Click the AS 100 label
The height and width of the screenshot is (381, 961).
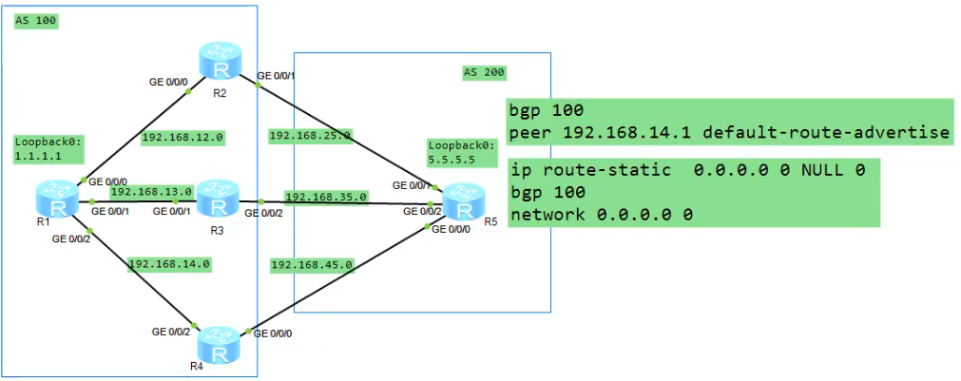pyautogui.click(x=35, y=21)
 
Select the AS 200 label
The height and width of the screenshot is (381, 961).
pyautogui.click(x=484, y=71)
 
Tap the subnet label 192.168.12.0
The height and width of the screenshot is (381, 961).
pyautogui.click(x=182, y=137)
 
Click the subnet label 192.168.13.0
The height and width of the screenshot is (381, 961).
pyautogui.click(x=151, y=191)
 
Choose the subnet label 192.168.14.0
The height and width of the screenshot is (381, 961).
pyautogui.click(x=169, y=263)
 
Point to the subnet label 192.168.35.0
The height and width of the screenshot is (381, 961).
pyautogui.click(x=326, y=197)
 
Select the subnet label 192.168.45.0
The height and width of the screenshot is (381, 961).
pyautogui.click(x=311, y=263)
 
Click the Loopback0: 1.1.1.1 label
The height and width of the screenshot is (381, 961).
pyautogui.click(x=48, y=148)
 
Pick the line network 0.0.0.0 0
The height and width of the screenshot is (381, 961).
pyautogui.click(x=599, y=215)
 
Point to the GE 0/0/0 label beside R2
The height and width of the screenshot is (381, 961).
pyautogui.click(x=170, y=82)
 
